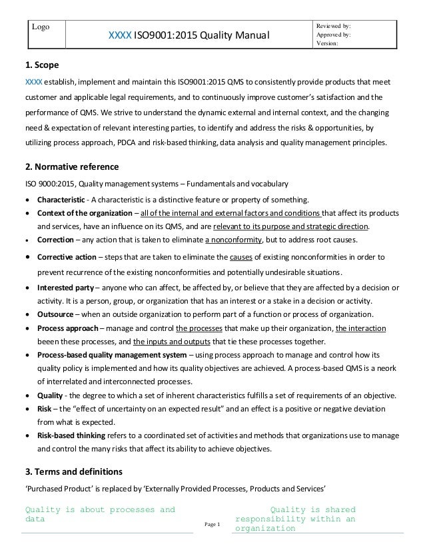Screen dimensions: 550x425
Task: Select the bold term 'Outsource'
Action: coord(56,314)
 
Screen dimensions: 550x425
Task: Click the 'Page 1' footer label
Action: coord(212,526)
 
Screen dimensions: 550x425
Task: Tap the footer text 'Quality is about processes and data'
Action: coord(100,515)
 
